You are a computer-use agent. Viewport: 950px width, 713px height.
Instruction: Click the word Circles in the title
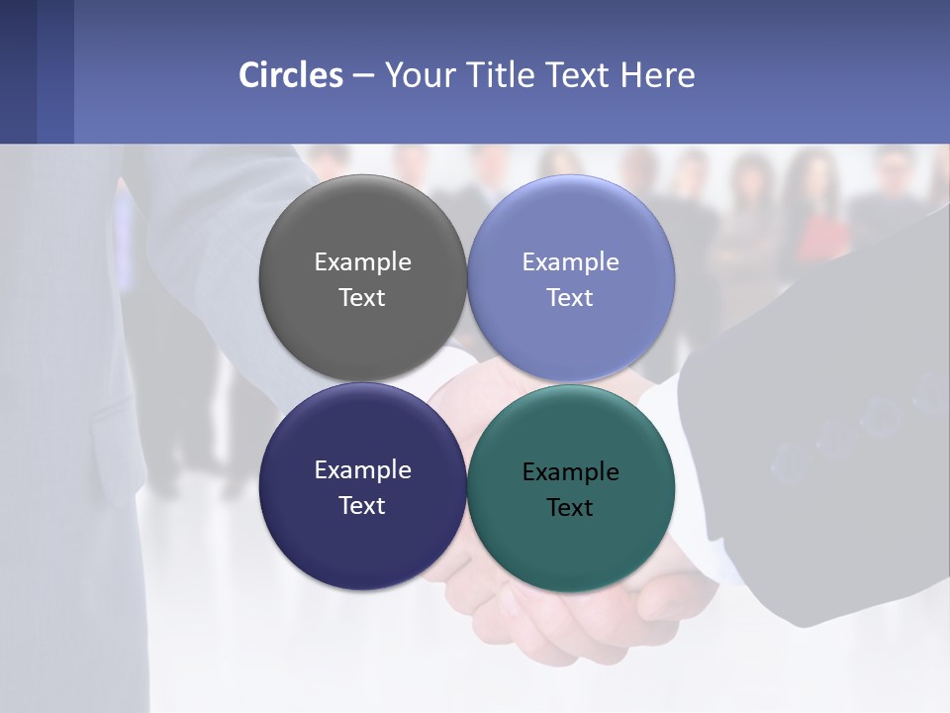tap(291, 75)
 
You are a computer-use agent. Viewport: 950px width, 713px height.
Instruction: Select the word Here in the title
tap(657, 75)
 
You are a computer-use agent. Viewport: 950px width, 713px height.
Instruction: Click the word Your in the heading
tap(420, 75)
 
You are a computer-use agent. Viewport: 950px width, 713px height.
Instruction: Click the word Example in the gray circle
tap(362, 262)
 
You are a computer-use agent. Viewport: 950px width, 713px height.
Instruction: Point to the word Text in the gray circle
tap(362, 298)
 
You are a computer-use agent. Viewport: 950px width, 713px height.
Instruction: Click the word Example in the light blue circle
tap(571, 262)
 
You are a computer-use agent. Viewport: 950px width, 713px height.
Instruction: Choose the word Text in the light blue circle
tap(571, 298)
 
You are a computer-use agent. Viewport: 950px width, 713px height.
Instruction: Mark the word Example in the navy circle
tap(362, 470)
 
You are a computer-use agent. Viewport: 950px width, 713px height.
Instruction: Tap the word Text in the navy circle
tap(362, 506)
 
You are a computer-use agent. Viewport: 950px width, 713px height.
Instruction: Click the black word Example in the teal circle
tap(571, 472)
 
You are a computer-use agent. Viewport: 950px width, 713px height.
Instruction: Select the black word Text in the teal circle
tap(571, 508)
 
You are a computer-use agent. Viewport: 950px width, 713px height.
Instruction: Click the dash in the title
tap(363, 76)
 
